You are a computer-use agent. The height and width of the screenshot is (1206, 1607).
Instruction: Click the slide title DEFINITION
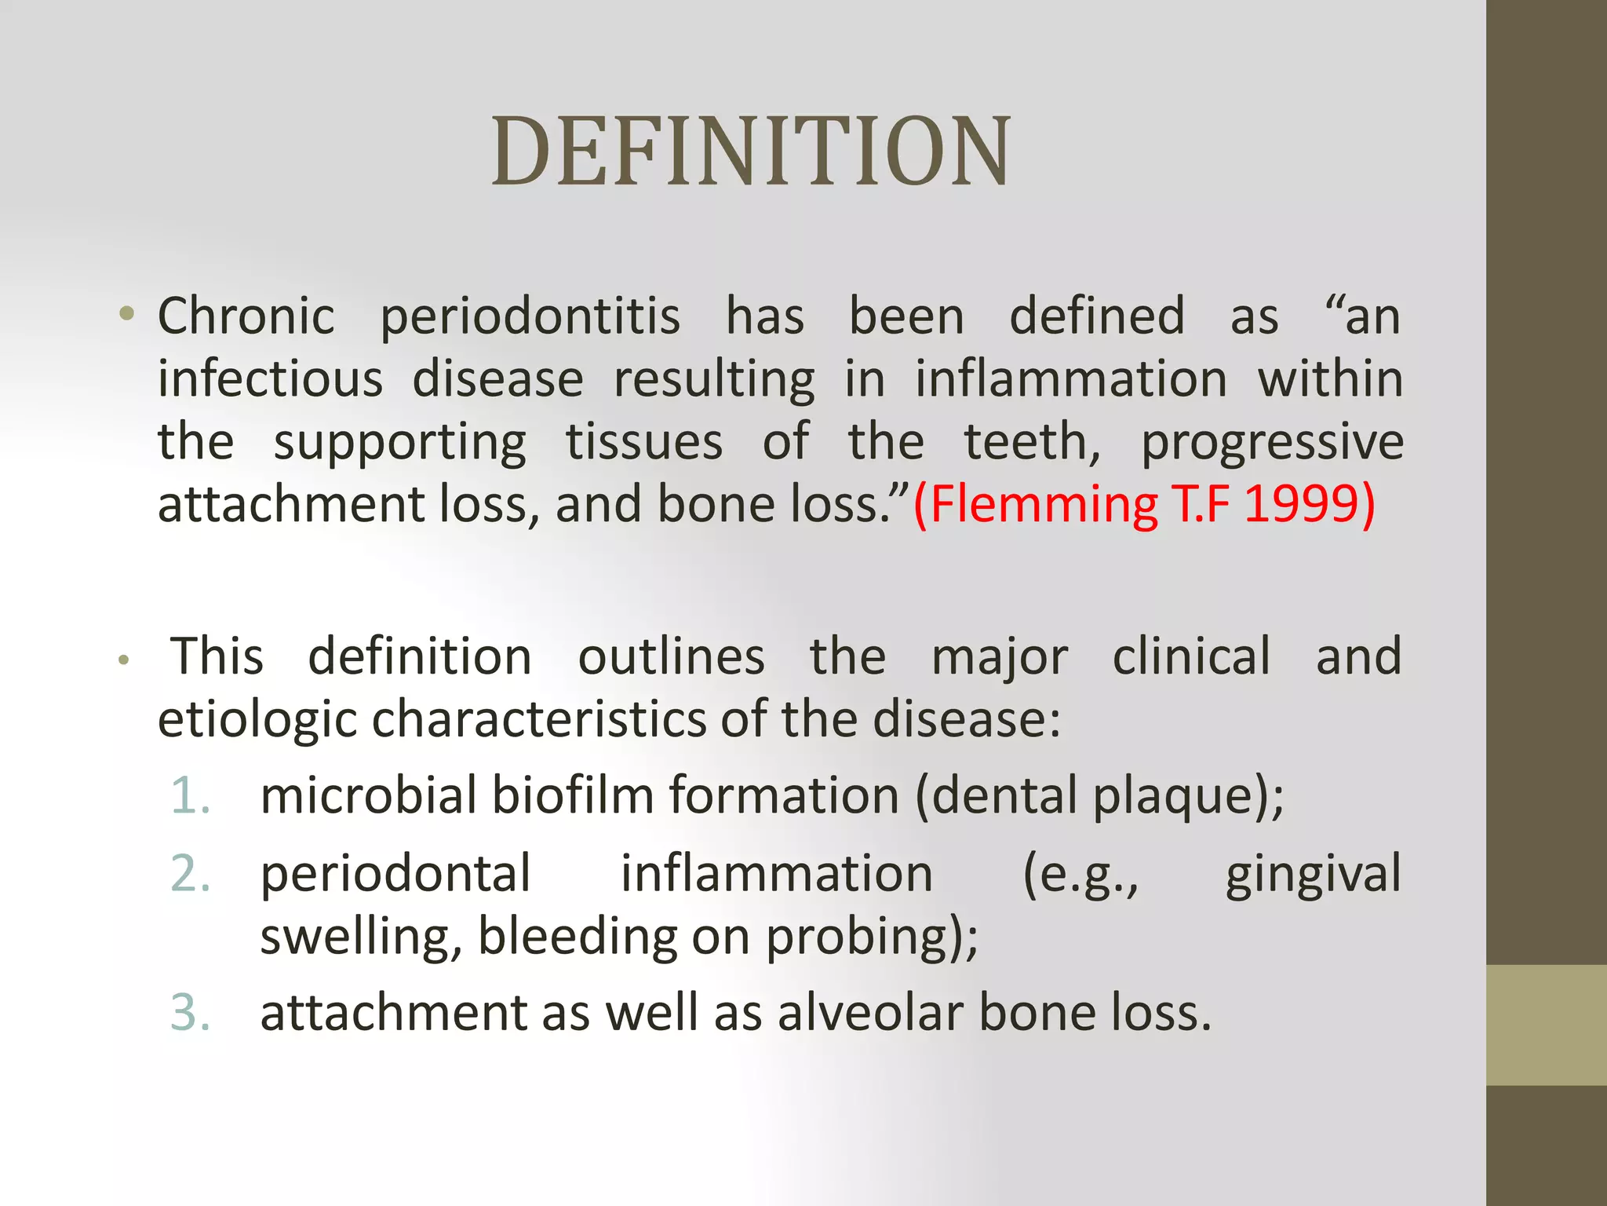pos(751,152)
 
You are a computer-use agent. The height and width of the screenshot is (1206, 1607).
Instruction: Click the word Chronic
pos(246,316)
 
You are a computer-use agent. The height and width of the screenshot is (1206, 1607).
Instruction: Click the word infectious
pos(270,380)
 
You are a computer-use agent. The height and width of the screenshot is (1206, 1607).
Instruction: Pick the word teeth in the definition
pos(1030,442)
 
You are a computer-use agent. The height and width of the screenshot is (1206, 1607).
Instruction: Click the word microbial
pos(368,795)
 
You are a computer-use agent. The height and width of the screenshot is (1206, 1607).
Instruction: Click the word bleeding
pos(577,937)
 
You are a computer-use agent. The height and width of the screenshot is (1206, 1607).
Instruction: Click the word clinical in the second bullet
pos(1191,656)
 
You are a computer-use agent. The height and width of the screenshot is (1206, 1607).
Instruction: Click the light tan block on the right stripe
pos(1546,1025)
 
